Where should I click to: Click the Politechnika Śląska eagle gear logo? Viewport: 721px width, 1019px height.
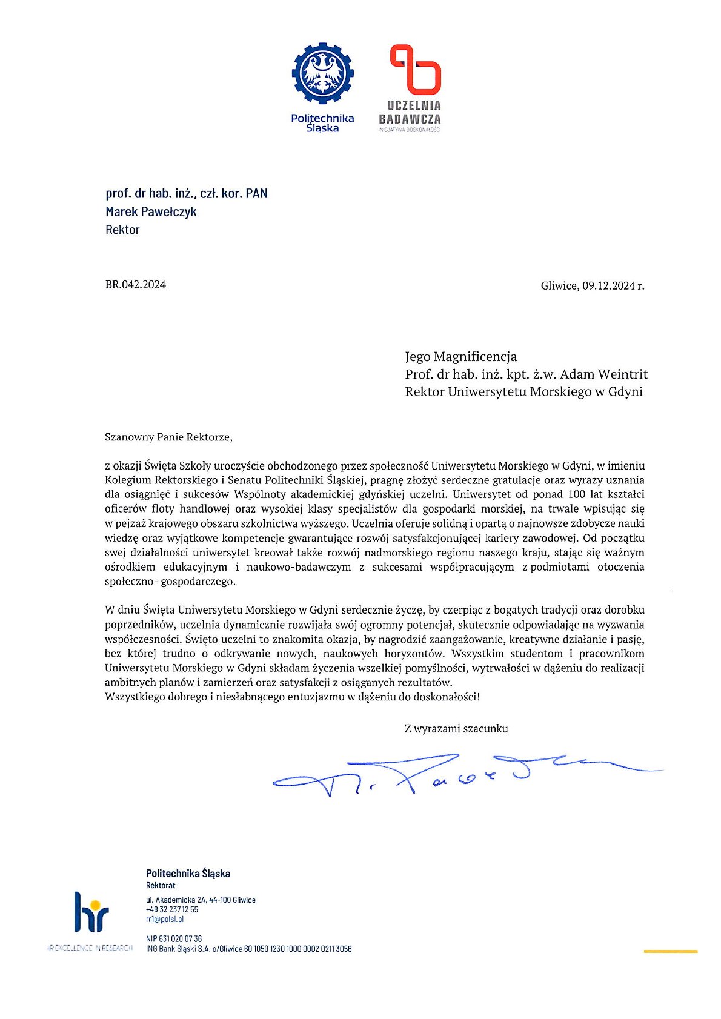(x=322, y=73)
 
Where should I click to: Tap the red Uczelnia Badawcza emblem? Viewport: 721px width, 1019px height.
(x=415, y=70)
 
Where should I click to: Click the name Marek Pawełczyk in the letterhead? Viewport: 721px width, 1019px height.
(x=151, y=211)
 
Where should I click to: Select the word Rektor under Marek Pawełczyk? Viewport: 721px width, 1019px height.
(x=122, y=230)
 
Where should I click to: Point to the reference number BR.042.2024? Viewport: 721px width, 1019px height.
(x=135, y=285)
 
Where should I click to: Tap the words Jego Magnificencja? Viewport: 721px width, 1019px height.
(x=460, y=356)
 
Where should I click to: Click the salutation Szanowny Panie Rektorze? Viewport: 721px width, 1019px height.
(x=168, y=437)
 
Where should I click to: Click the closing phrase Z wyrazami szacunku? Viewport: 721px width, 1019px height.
(x=456, y=729)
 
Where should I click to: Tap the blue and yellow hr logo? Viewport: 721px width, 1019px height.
(x=91, y=912)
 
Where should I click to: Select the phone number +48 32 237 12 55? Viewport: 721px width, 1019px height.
(x=172, y=909)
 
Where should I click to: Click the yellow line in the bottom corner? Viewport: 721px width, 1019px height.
(x=670, y=952)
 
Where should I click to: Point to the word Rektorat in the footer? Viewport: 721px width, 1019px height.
(x=161, y=885)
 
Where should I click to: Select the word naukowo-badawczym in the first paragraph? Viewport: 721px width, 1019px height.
(x=299, y=567)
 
